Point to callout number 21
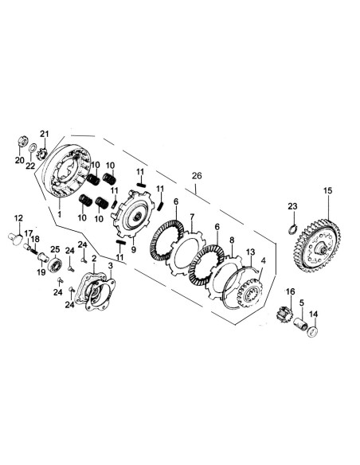coord(45,133)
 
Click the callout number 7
coord(191,217)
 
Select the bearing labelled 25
coord(58,264)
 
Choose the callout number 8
coord(232,240)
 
